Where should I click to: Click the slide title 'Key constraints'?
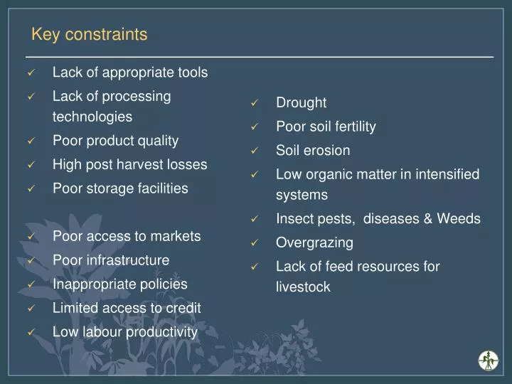pos(89,34)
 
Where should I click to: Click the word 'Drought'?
pos(301,103)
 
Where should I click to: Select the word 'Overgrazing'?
pos(314,243)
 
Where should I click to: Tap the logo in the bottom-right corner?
pos(488,360)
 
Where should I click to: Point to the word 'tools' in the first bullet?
pos(193,73)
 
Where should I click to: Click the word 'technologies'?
pos(92,117)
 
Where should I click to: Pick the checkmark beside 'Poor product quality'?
pos(31,142)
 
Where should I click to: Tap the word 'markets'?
pos(177,236)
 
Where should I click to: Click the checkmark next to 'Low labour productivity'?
pos(31,333)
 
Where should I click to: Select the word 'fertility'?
pos(351,127)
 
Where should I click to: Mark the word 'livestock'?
pos(303,288)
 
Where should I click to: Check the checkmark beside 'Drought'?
pos(255,104)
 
